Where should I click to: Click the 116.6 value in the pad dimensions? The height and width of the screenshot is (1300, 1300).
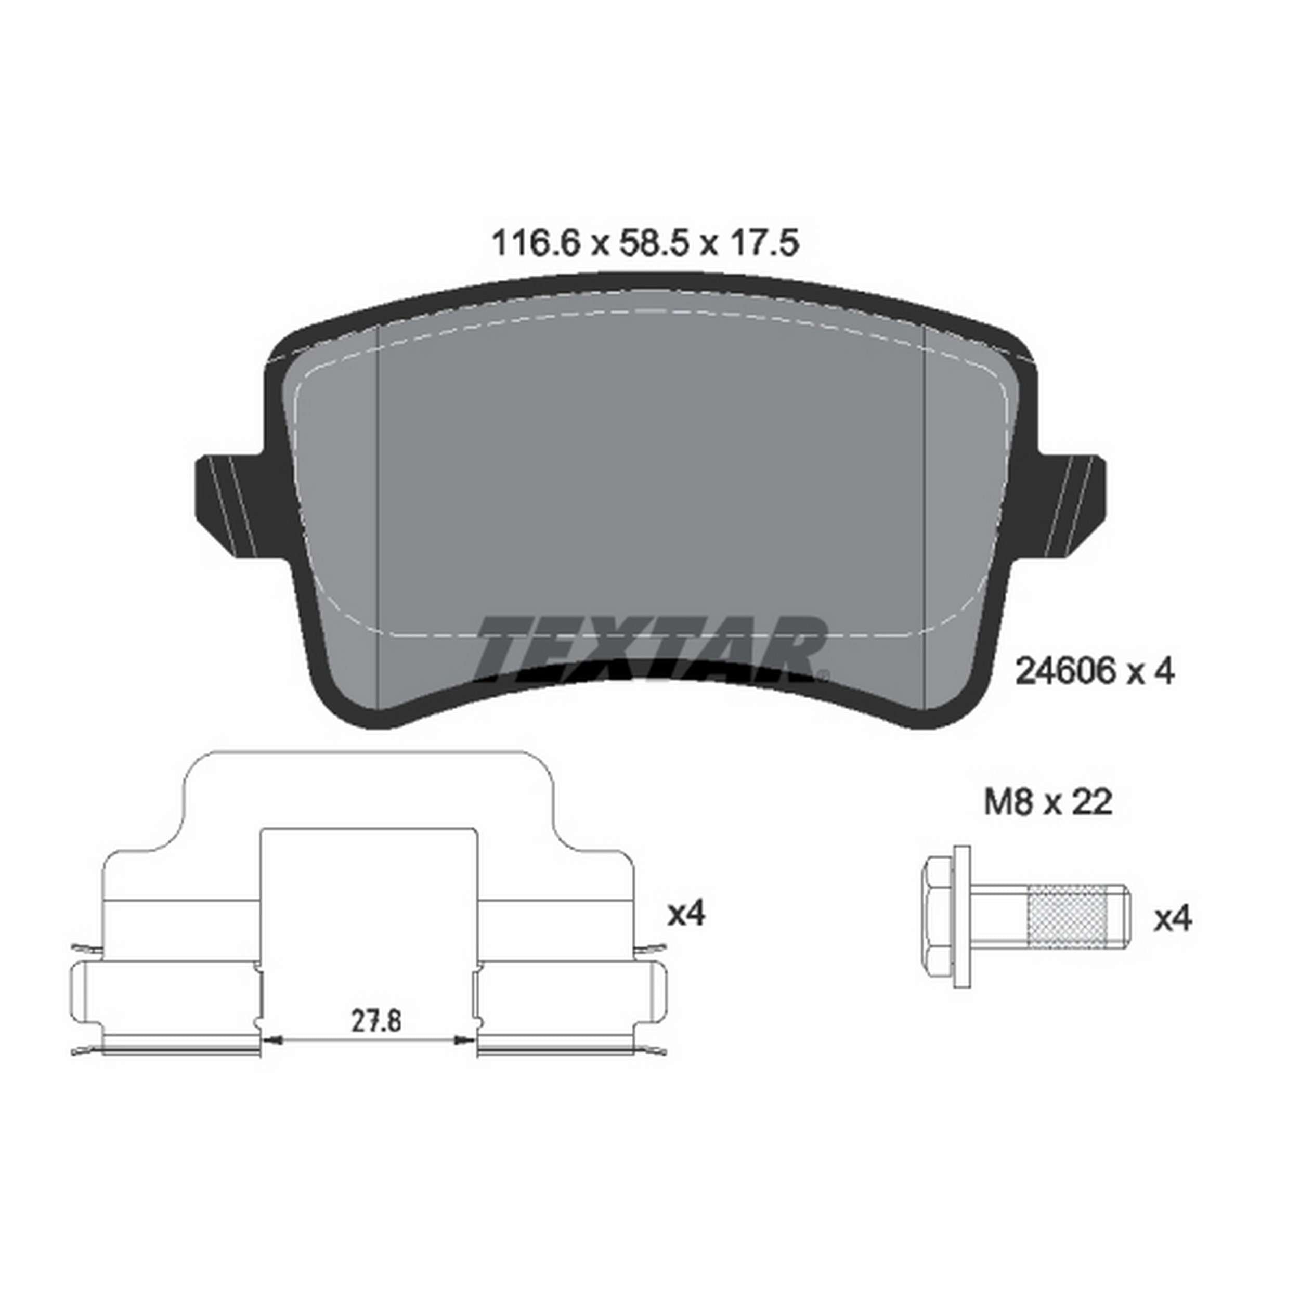536,243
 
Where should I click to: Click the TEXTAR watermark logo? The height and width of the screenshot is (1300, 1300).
652,646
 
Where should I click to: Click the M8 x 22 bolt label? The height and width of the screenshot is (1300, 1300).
1048,803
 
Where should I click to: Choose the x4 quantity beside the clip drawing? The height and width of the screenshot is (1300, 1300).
686,914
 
